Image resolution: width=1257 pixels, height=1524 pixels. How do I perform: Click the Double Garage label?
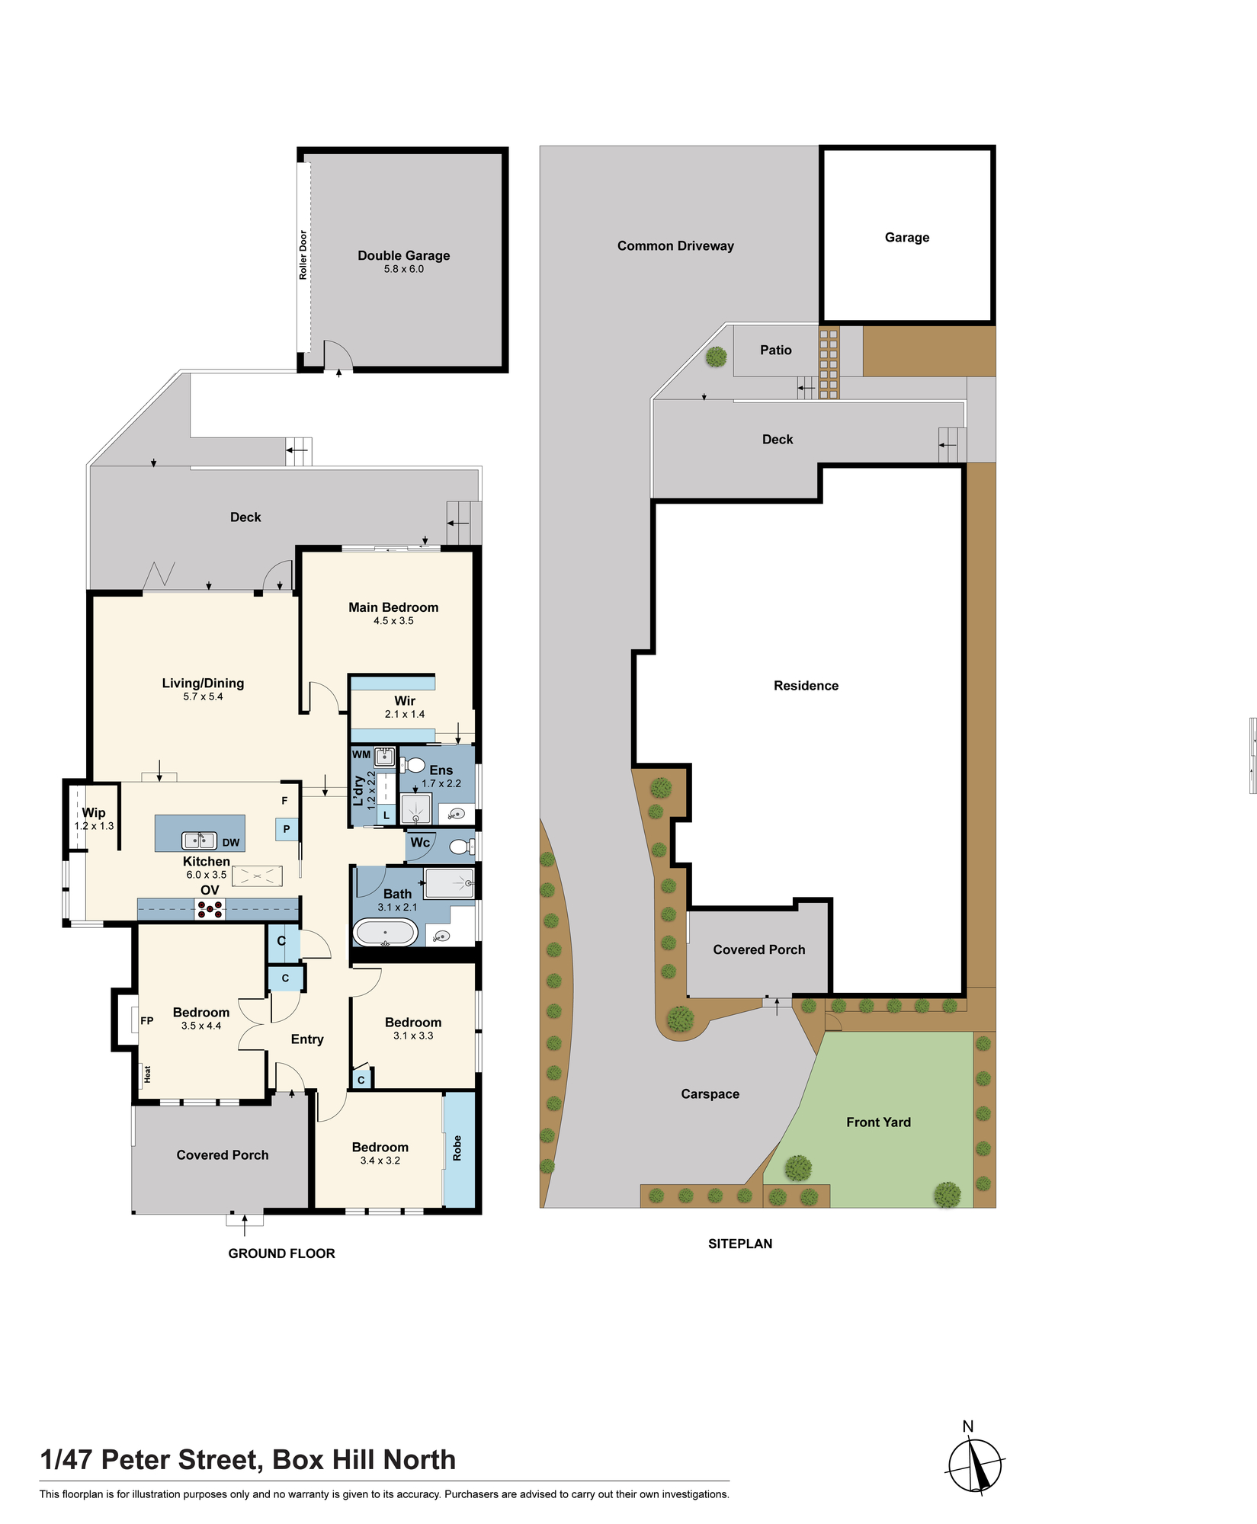404,256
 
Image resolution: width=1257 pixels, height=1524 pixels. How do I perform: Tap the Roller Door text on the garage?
303,255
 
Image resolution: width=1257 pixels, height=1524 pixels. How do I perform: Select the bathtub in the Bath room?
386,932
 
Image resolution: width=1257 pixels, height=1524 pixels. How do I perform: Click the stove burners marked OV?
210,909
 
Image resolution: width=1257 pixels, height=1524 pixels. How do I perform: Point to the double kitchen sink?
199,840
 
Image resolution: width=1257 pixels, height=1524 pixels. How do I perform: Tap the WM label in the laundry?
361,754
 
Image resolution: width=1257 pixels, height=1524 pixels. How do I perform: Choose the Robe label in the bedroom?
457,1148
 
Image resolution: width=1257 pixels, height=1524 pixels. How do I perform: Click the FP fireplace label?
147,1021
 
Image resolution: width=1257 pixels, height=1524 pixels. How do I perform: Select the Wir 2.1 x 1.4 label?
405,706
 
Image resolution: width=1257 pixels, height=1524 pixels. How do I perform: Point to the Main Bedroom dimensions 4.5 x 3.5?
393,621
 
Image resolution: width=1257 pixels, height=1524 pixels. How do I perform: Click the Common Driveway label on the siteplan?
675,246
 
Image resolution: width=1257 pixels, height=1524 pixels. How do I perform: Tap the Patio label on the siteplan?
776,351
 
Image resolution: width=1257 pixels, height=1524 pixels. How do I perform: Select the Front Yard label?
878,1122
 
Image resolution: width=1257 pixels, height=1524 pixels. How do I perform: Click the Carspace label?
710,1094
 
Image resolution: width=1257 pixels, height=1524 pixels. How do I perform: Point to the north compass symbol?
975,1465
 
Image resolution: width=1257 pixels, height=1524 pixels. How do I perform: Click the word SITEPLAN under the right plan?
740,1244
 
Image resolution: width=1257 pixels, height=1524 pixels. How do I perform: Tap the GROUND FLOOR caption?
282,1253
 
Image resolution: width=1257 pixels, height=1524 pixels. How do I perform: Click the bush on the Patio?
716,357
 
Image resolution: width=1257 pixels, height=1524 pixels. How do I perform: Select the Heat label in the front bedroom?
147,1074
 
